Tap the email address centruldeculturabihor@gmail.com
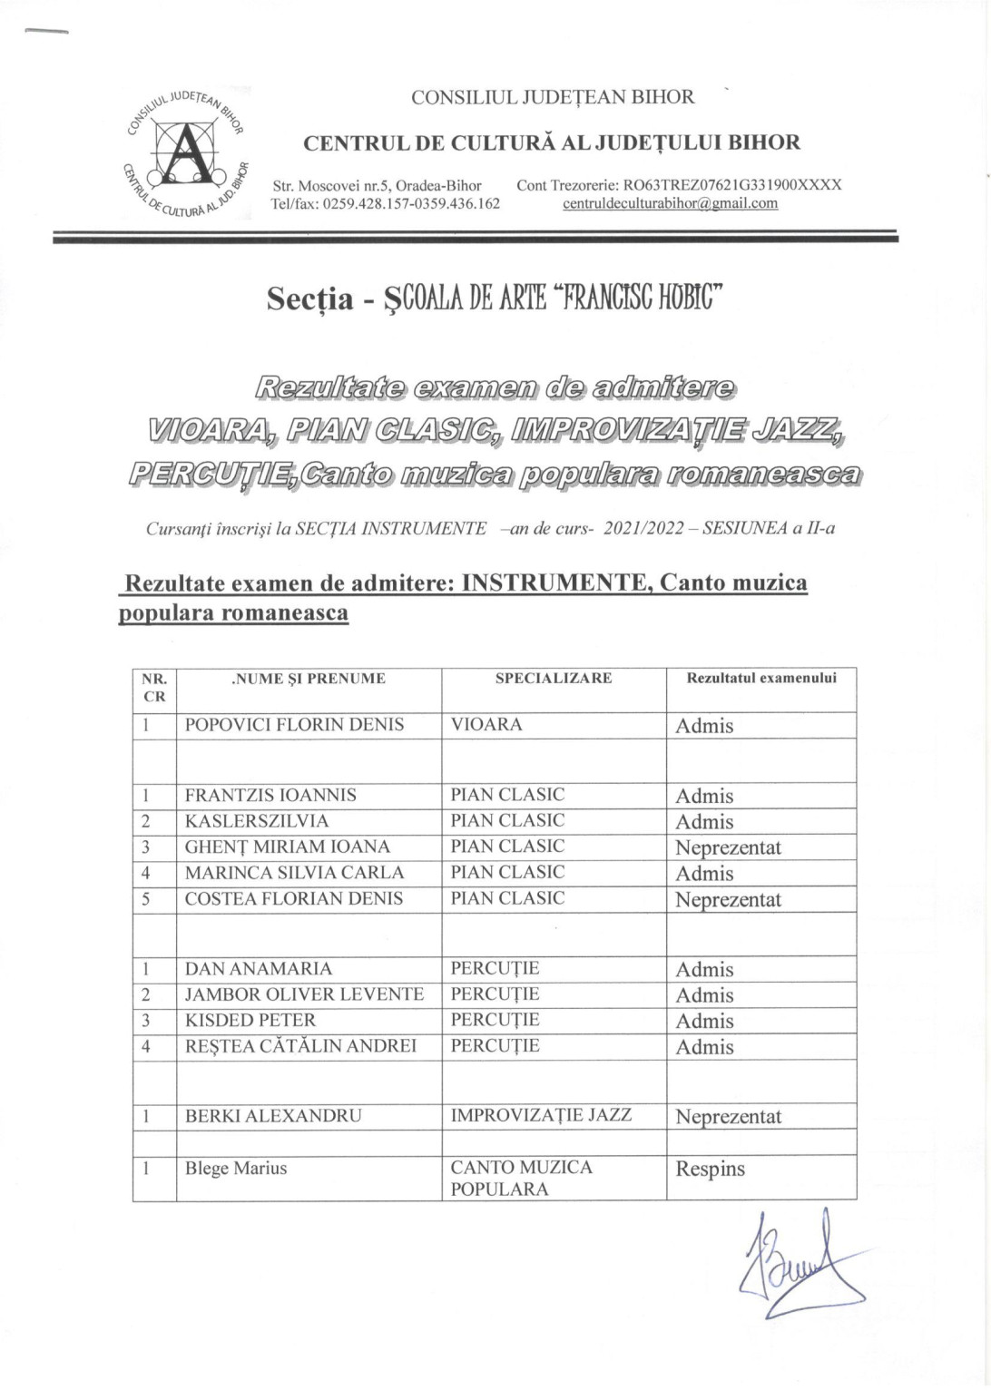tap(670, 203)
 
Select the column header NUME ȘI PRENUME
tap(309, 679)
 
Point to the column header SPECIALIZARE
tap(553, 679)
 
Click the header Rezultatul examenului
tap(760, 679)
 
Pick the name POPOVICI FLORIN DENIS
tap(294, 725)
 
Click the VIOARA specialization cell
tap(486, 725)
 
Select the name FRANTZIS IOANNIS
tap(270, 796)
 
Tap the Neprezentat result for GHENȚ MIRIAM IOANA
tap(728, 848)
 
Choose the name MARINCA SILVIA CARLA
tap(294, 873)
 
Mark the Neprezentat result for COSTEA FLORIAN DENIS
tap(728, 900)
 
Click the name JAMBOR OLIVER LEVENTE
tap(304, 994)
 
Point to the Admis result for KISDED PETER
tap(704, 1022)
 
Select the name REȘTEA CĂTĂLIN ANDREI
tap(300, 1046)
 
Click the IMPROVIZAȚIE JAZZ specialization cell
tap(541, 1115)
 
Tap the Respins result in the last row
tap(710, 1169)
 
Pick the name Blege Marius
tap(236, 1169)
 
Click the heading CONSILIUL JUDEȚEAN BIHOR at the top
tap(553, 97)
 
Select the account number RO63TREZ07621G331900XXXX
tap(731, 185)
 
